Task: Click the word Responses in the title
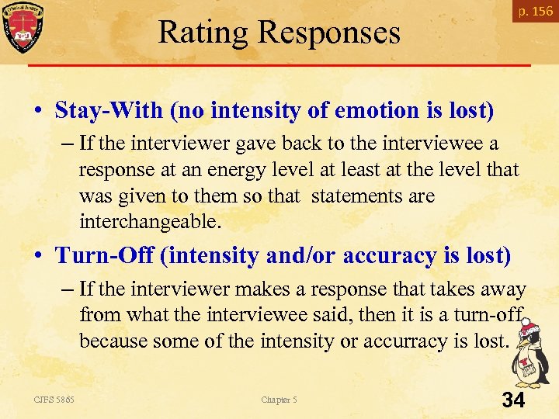pyautogui.click(x=329, y=33)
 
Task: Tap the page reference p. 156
pyautogui.click(x=536, y=11)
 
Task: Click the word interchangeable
pyautogui.click(x=150, y=222)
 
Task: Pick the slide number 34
pyautogui.click(x=513, y=400)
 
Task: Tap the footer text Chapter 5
pyautogui.click(x=279, y=400)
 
